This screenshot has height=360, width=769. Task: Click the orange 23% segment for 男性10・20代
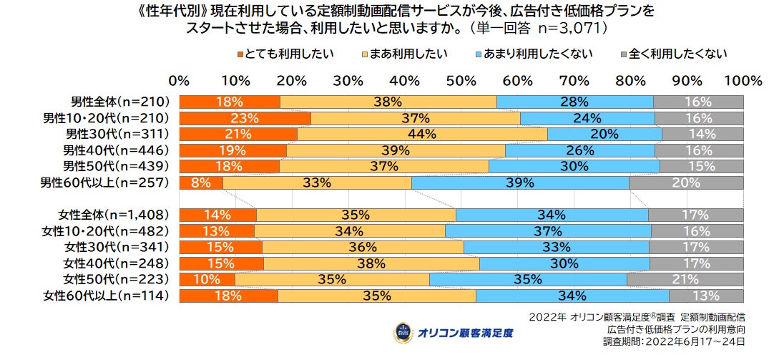coord(245,118)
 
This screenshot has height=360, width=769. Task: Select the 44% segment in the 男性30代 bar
coord(422,134)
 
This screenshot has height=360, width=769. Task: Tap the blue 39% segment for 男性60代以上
coord(520,183)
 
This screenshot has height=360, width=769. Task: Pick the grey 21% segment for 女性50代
coord(685,278)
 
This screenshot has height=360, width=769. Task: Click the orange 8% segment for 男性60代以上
coord(201,183)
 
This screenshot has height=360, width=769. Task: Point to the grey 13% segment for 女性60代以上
coord(705,295)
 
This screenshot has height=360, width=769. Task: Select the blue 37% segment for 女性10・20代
coord(548,230)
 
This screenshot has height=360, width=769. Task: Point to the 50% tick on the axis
coord(461,79)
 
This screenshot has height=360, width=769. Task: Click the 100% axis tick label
coord(743,79)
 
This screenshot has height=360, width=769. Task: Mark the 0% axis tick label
coord(180,79)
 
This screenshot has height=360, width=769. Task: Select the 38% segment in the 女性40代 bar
coord(371,263)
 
